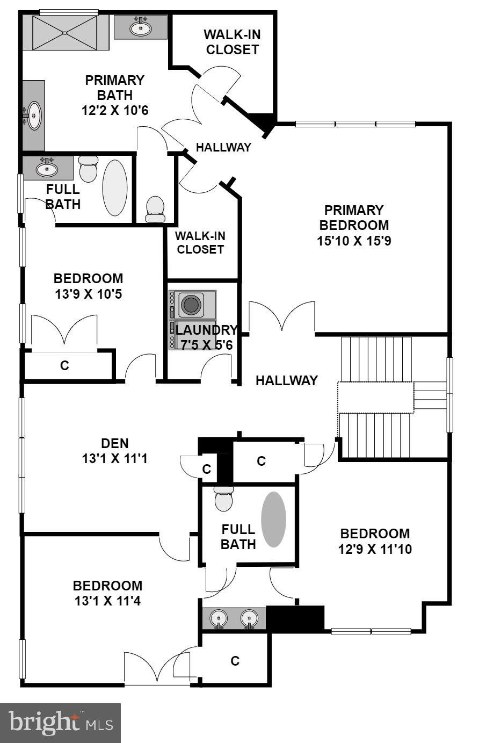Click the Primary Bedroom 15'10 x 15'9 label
[x=353, y=225]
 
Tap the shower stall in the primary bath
[x=65, y=33]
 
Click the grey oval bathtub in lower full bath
[x=274, y=520]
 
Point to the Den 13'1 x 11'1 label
[x=115, y=451]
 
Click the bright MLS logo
[x=60, y=723]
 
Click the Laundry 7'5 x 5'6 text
[x=206, y=337]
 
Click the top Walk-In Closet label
[x=233, y=42]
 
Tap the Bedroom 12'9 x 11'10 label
[x=374, y=542]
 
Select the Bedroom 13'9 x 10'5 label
[x=88, y=286]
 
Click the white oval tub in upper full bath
[x=114, y=187]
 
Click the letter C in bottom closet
[x=235, y=661]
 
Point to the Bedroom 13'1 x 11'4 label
[x=107, y=593]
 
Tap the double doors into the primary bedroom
[x=282, y=318]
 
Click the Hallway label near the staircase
[x=286, y=381]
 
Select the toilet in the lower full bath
[x=223, y=499]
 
